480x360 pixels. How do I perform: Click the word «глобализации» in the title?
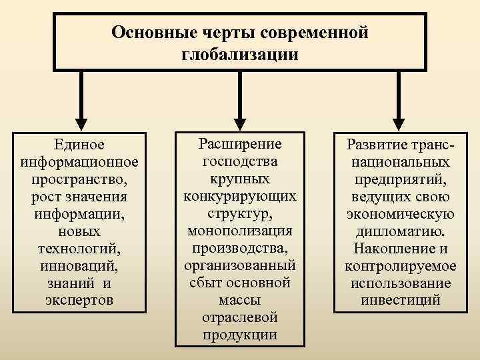coord(239,53)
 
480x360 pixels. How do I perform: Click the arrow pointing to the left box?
coord(80,100)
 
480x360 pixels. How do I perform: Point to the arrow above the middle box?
coord(240,100)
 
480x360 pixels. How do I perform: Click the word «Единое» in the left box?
coord(80,144)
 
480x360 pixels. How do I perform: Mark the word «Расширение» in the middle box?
coord(240,144)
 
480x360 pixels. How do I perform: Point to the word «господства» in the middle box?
coord(240,161)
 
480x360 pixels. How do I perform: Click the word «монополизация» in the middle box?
coord(240,231)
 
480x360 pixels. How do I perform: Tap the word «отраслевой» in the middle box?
coord(240,317)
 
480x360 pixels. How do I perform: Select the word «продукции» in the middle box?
coord(240,335)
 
